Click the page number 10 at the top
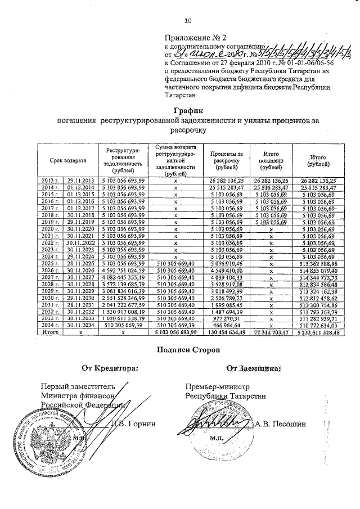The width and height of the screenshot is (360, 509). tap(188, 21)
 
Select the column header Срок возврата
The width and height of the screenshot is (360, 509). tap(67, 161)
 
